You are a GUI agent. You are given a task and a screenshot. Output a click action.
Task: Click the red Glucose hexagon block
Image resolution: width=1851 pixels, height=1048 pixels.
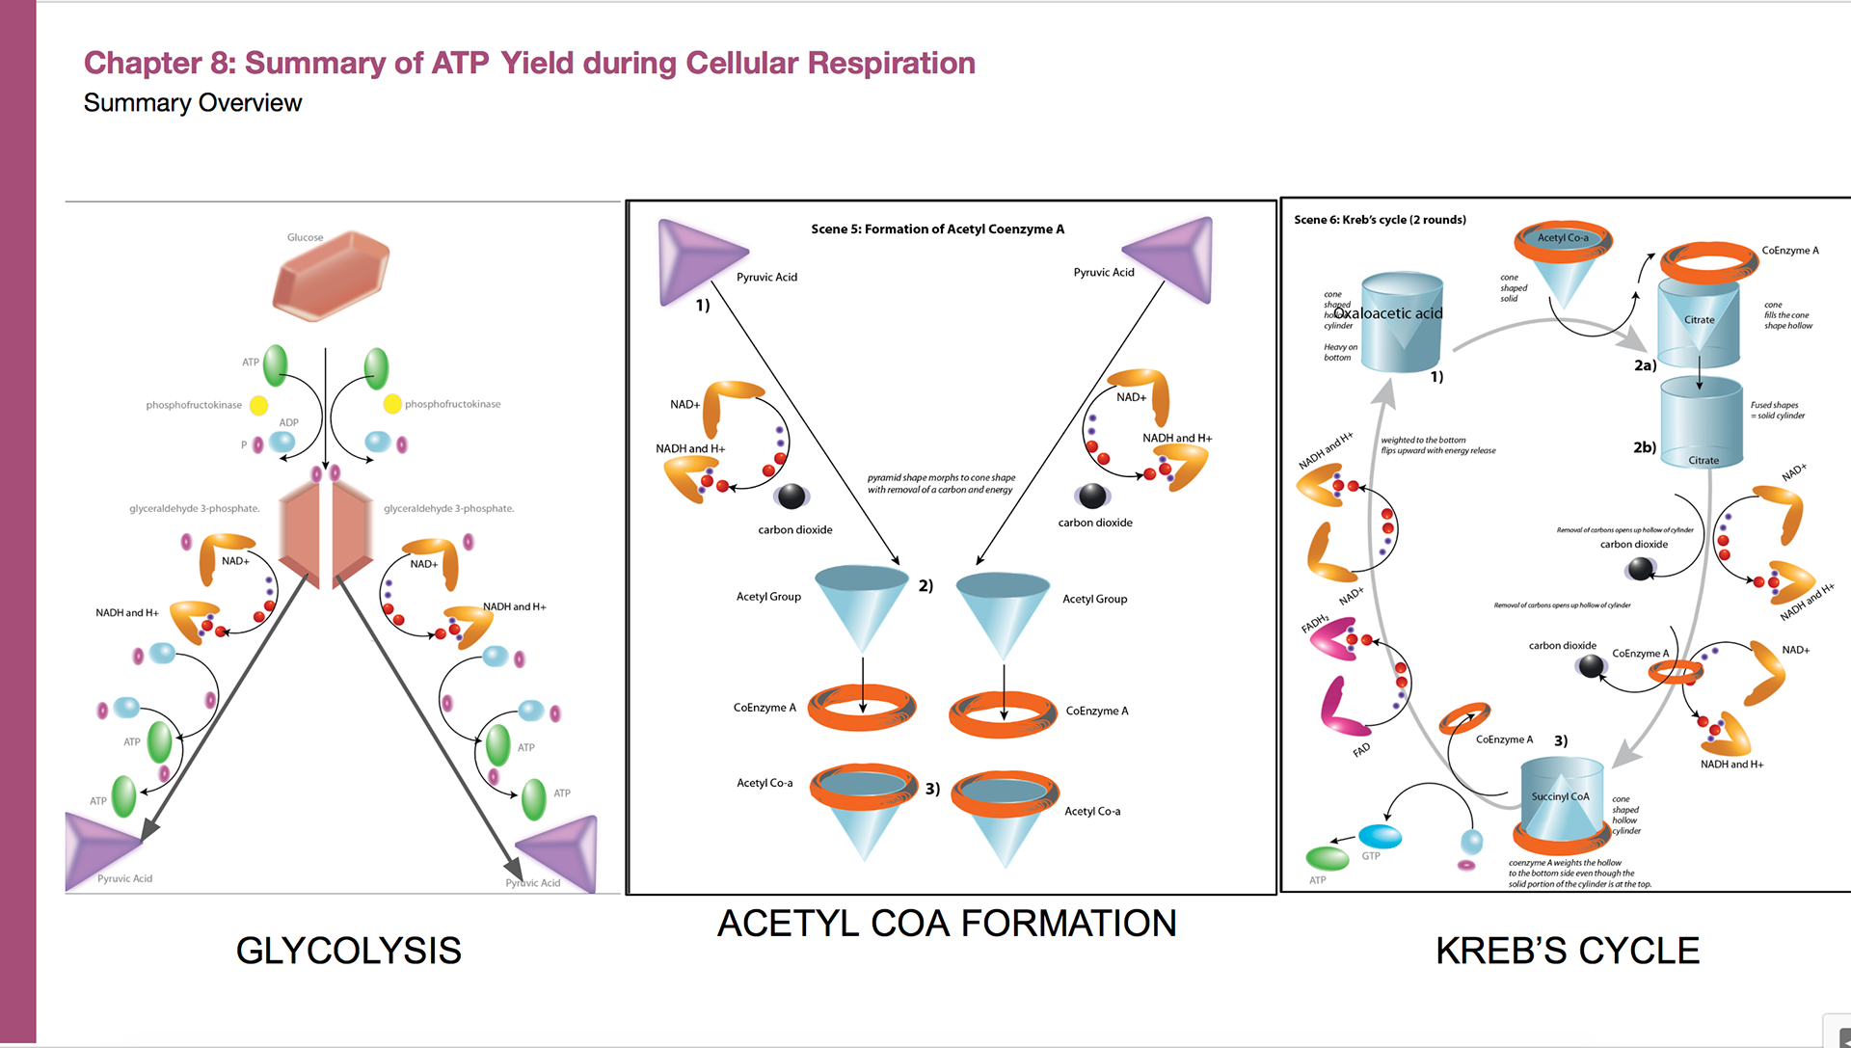point(332,276)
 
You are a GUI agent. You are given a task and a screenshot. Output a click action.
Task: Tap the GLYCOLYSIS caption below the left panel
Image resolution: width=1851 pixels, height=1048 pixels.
point(348,951)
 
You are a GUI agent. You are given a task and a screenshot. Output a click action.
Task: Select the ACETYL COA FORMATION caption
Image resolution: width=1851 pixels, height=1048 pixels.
point(946,924)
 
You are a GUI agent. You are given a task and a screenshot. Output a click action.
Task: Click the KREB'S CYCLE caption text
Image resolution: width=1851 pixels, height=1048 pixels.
point(1567,951)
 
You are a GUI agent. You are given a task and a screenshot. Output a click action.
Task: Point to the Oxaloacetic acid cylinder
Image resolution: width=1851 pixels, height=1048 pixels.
point(1402,324)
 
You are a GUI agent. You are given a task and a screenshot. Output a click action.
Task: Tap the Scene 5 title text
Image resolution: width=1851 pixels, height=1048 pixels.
point(937,229)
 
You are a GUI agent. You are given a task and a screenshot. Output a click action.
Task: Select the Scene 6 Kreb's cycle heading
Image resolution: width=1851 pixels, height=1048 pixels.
point(1380,220)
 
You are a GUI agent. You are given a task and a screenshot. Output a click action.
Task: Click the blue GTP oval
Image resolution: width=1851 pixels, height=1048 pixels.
point(1380,835)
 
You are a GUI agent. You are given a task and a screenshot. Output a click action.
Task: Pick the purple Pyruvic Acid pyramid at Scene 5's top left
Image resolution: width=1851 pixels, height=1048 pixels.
point(696,258)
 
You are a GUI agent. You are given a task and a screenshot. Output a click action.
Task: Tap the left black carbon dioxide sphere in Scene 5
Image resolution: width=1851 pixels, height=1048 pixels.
point(791,496)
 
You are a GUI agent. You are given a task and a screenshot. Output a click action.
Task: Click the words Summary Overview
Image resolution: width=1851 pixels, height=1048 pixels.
point(193,103)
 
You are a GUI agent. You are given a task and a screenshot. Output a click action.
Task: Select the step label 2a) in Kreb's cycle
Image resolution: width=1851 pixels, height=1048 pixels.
point(1645,365)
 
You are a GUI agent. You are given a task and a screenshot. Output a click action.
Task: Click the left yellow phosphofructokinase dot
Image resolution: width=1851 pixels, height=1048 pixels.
point(258,406)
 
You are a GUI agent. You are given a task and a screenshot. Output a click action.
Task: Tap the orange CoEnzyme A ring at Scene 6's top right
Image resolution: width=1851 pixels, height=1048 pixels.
point(1708,260)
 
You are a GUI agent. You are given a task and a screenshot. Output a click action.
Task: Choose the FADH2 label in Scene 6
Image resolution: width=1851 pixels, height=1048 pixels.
point(1315,623)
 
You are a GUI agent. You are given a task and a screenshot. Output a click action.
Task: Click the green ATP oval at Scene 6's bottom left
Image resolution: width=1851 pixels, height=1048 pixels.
point(1327,857)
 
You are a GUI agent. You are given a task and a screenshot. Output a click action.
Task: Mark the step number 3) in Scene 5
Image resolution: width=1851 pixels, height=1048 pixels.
point(932,789)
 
